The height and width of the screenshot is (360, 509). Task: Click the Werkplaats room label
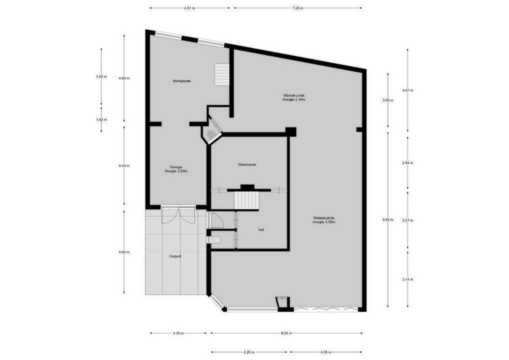[x=181, y=80]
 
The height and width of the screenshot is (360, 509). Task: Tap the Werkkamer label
[x=247, y=164]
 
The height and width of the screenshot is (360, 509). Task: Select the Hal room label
[x=261, y=229]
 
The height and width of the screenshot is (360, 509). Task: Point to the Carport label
[x=175, y=256]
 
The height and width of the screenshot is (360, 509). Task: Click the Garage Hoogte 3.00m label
[x=175, y=169]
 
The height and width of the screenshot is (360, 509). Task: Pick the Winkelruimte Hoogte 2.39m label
[x=293, y=97]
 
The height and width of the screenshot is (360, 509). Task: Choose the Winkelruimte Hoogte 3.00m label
[x=324, y=219]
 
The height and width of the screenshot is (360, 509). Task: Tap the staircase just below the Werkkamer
[x=247, y=200]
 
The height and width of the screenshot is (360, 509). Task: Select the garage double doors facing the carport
[x=178, y=215]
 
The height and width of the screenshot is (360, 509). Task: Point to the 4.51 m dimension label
[x=189, y=8]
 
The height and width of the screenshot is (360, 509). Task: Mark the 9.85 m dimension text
[x=387, y=219]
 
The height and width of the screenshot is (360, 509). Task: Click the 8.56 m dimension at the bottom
[x=286, y=333]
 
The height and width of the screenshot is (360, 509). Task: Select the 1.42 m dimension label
[x=101, y=119]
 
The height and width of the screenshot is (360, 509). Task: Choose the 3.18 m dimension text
[x=178, y=333]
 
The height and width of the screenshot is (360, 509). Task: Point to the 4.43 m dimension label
[x=124, y=165]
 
